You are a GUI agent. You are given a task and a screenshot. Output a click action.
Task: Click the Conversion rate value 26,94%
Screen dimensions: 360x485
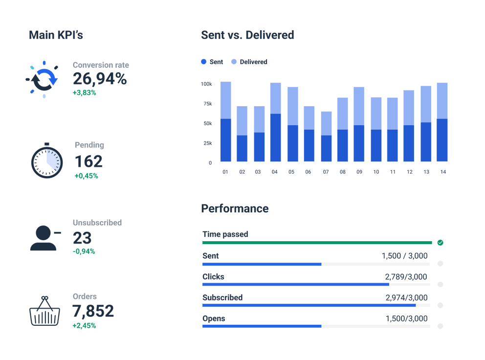[x=100, y=79]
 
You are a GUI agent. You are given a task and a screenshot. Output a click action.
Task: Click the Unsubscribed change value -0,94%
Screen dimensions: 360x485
[x=84, y=251]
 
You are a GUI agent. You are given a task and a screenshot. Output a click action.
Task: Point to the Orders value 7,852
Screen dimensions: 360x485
[x=93, y=311]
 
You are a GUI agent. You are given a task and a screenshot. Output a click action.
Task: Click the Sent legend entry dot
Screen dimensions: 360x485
[x=204, y=62]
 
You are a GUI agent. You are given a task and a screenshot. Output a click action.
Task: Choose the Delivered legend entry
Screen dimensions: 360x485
[x=249, y=62]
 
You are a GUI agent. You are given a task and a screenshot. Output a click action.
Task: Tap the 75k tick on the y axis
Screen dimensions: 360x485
[x=207, y=104]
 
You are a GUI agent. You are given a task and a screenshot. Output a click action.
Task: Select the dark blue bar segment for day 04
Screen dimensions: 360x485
[x=275, y=137]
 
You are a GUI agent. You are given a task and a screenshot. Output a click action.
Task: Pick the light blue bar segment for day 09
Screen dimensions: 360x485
[x=358, y=106]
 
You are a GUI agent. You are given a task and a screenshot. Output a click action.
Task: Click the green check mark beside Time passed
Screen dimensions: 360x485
[x=440, y=243]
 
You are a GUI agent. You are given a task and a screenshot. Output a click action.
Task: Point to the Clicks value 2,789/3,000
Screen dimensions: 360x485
[x=406, y=277]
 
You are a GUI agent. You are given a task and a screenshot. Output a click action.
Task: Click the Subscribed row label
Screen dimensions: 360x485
[x=222, y=297]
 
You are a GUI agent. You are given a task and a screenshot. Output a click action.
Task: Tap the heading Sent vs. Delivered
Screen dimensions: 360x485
[x=247, y=35]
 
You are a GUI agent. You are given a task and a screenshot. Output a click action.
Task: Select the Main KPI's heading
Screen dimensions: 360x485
[x=56, y=35]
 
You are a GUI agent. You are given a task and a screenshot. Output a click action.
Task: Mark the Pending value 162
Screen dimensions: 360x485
[x=88, y=161]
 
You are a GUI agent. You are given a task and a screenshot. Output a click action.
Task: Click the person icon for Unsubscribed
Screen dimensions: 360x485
[x=43, y=238]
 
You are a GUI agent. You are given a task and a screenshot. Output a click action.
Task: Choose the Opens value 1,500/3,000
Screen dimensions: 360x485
[x=406, y=318]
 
